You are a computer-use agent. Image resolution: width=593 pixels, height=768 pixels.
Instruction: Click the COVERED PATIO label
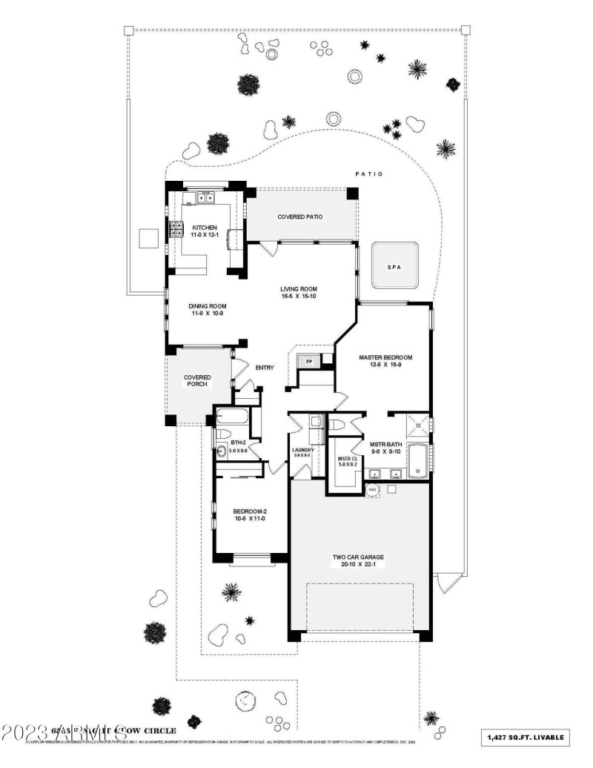point(300,217)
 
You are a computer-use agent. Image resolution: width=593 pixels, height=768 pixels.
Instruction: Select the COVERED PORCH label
point(197,381)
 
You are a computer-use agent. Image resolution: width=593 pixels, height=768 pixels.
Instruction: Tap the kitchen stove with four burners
point(178,229)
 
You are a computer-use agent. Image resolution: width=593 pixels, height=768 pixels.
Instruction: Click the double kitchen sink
point(205,198)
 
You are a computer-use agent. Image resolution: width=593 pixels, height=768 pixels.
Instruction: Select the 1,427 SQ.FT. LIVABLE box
point(526,737)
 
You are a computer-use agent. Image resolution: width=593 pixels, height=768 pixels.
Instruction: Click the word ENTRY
point(265,368)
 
